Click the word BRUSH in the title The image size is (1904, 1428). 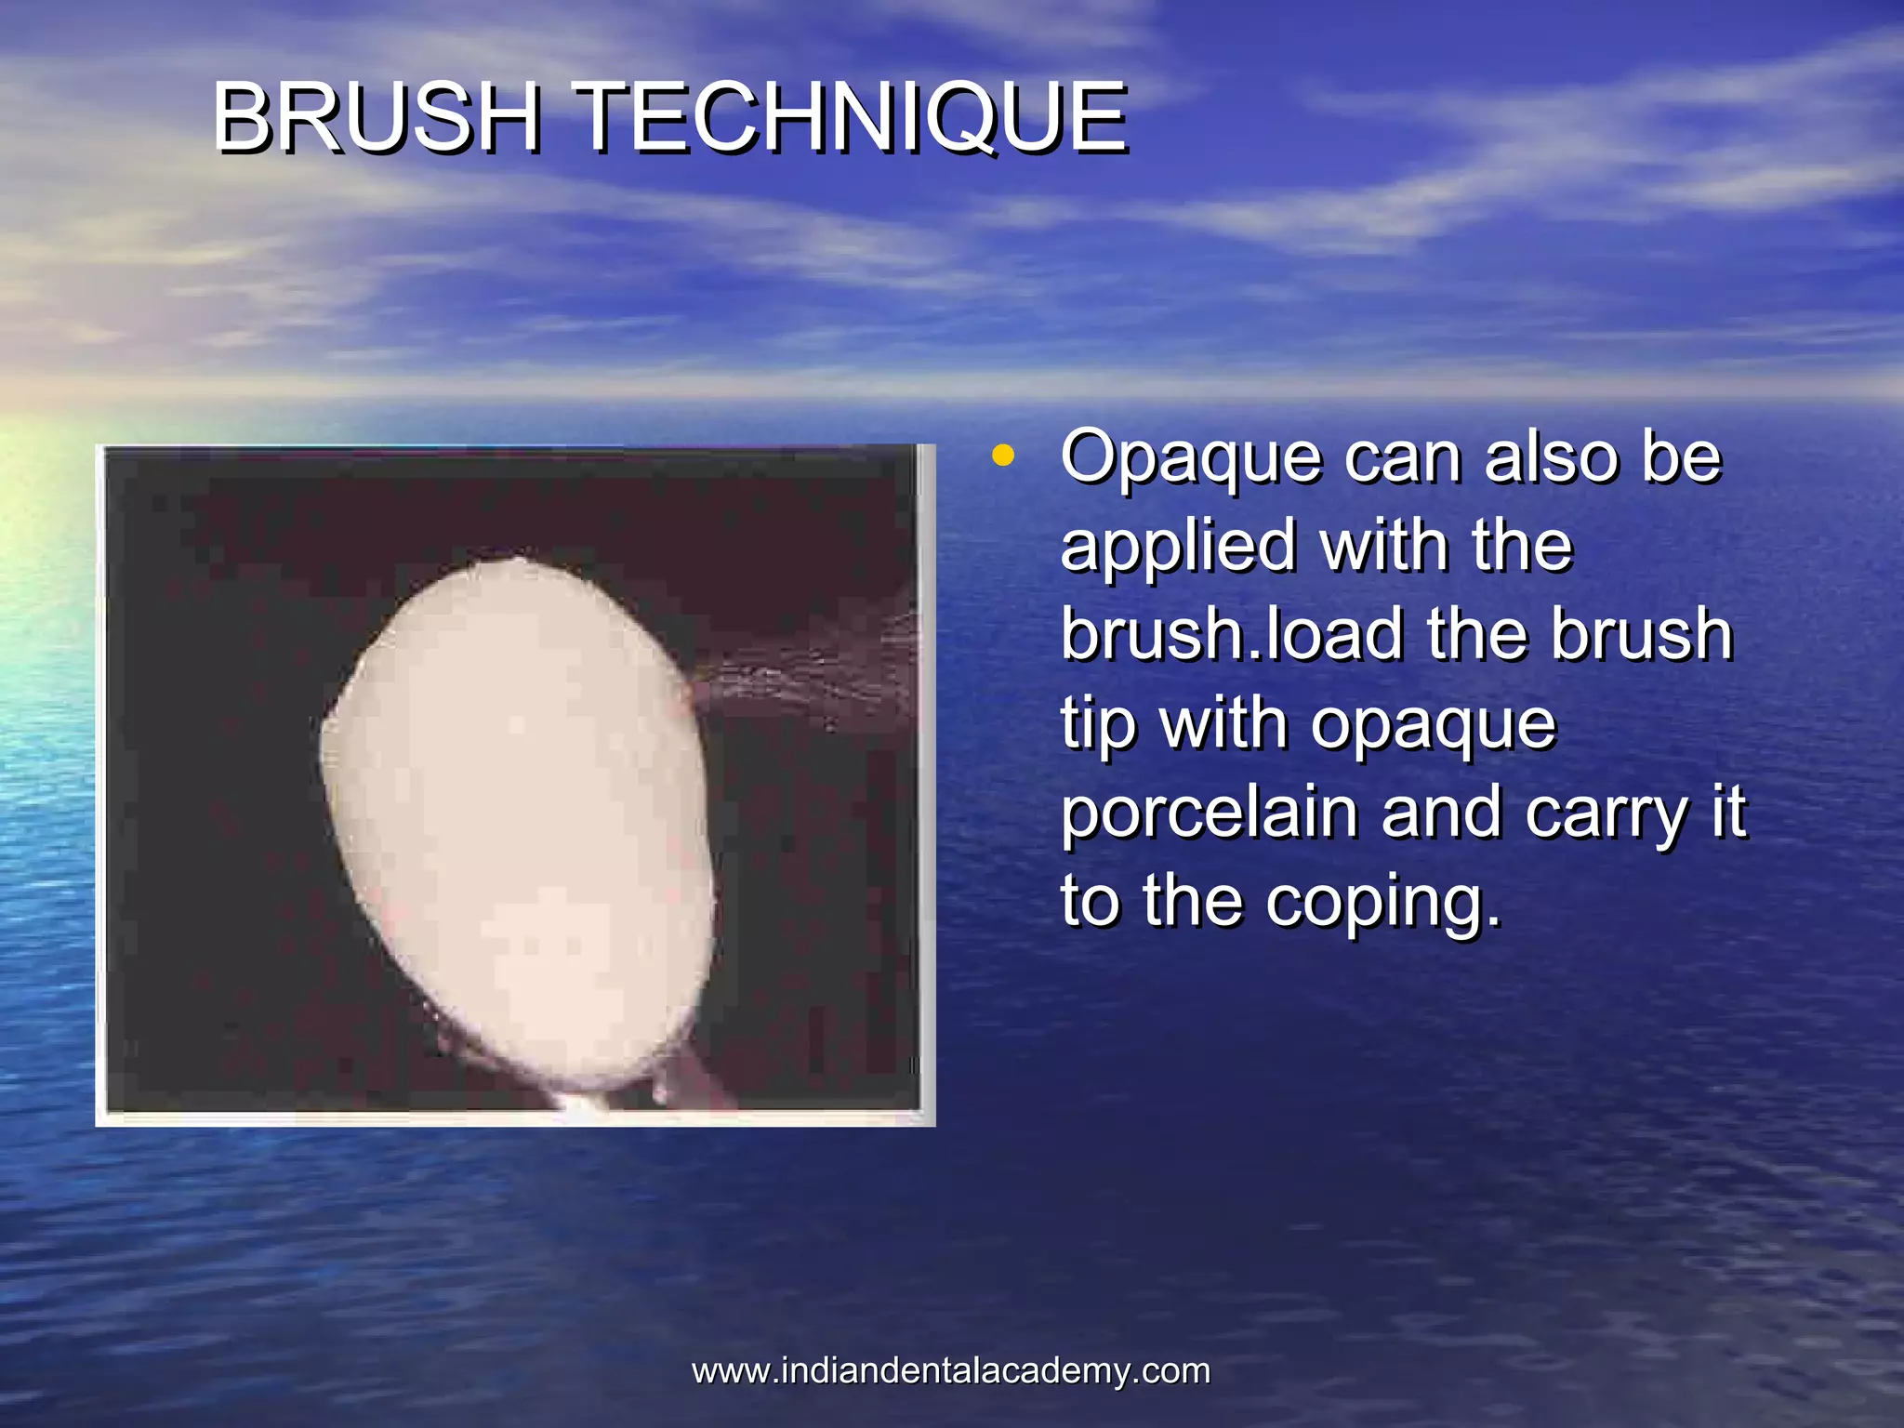coord(376,117)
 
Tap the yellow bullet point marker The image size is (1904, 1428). coord(1002,456)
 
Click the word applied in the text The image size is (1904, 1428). coord(1177,547)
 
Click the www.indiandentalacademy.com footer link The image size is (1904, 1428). coord(951,1371)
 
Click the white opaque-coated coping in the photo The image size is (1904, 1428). coord(517,818)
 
